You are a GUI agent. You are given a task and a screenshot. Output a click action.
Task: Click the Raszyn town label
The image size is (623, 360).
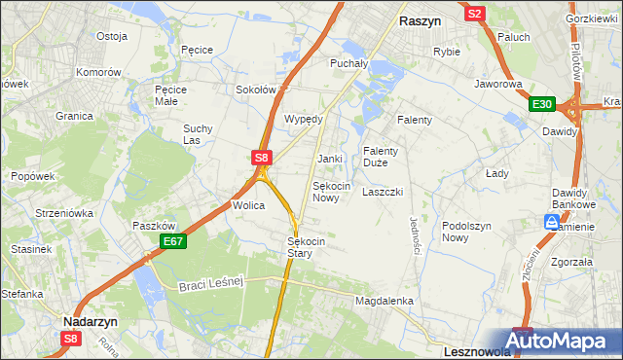pos(421,19)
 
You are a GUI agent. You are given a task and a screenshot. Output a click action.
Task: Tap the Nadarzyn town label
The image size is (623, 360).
pos(91,319)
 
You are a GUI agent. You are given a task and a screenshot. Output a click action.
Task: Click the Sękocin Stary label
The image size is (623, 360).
pos(306,247)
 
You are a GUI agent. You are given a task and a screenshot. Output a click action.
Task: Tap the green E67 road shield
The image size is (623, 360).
pos(172,240)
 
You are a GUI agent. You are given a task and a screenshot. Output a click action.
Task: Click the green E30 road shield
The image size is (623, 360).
pos(542,105)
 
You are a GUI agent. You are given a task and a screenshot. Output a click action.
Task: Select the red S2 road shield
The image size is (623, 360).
pos(475,14)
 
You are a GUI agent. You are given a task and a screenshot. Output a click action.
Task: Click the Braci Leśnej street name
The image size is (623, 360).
pos(209,283)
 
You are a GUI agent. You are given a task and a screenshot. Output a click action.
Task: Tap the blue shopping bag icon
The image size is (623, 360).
pos(551,223)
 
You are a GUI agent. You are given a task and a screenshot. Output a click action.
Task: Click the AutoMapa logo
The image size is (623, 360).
pos(564,341)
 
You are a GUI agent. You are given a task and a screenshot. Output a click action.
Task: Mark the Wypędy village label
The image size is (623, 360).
pos(303,119)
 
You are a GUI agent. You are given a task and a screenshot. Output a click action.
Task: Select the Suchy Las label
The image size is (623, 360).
pos(198,134)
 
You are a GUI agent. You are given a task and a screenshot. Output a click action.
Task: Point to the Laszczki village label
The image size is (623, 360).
pos(383,192)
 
